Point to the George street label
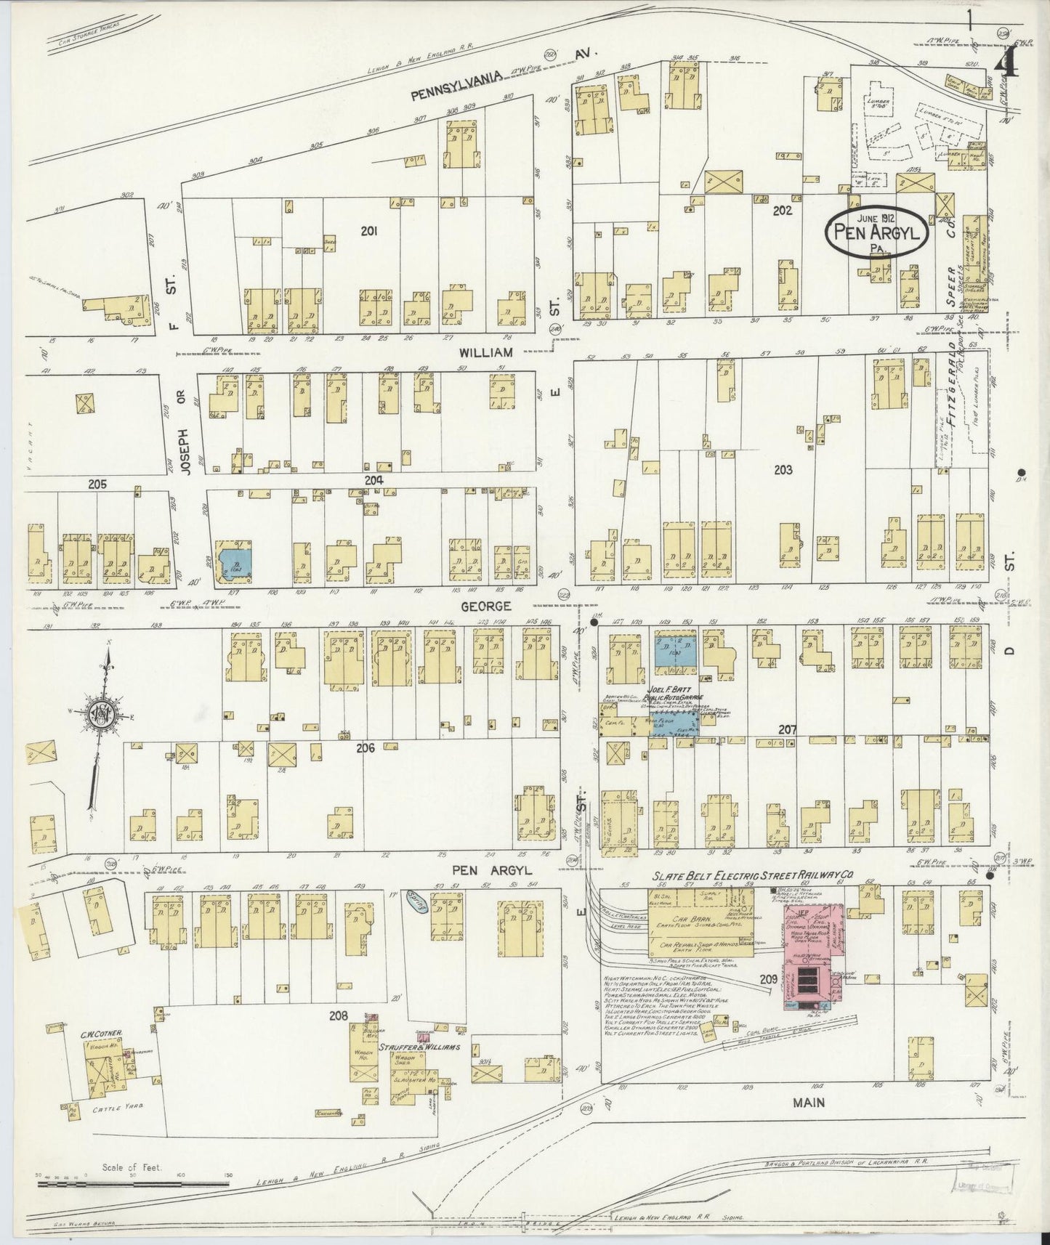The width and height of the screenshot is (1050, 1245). click(x=490, y=605)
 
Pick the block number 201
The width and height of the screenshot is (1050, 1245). click(x=370, y=231)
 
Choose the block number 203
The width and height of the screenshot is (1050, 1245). click(x=783, y=470)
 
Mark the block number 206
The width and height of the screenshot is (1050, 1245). click(x=365, y=747)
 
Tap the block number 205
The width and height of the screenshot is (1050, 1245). click(x=97, y=484)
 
